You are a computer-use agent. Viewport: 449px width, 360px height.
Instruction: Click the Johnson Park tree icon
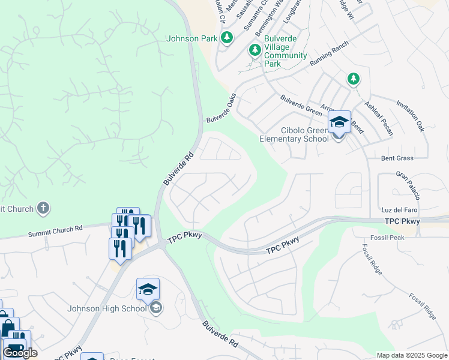pos(226,39)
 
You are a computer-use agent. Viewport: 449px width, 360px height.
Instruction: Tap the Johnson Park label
pos(191,39)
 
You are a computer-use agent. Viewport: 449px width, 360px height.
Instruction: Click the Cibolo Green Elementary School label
pos(294,134)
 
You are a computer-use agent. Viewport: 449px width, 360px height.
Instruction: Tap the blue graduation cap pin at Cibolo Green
pos(339,122)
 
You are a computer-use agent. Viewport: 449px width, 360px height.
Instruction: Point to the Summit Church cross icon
pos(43,209)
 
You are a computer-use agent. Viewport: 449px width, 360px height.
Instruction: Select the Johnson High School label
pos(107,309)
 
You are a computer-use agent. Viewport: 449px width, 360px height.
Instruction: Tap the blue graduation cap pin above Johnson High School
pos(148,290)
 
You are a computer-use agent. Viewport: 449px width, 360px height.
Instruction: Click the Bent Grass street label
pos(397,158)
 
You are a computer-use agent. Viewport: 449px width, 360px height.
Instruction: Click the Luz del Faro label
pos(399,210)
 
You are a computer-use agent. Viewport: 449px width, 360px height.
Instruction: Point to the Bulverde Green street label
pos(301,105)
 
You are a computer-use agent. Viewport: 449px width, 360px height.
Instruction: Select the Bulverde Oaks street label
pos(221,108)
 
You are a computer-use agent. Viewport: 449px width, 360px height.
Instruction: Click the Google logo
pos(20,353)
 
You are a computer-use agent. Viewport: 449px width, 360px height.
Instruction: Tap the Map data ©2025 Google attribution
pos(412,355)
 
